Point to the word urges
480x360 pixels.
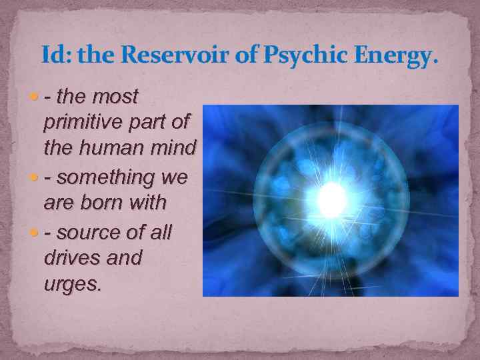click(72, 284)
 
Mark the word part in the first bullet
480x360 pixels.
click(153, 122)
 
